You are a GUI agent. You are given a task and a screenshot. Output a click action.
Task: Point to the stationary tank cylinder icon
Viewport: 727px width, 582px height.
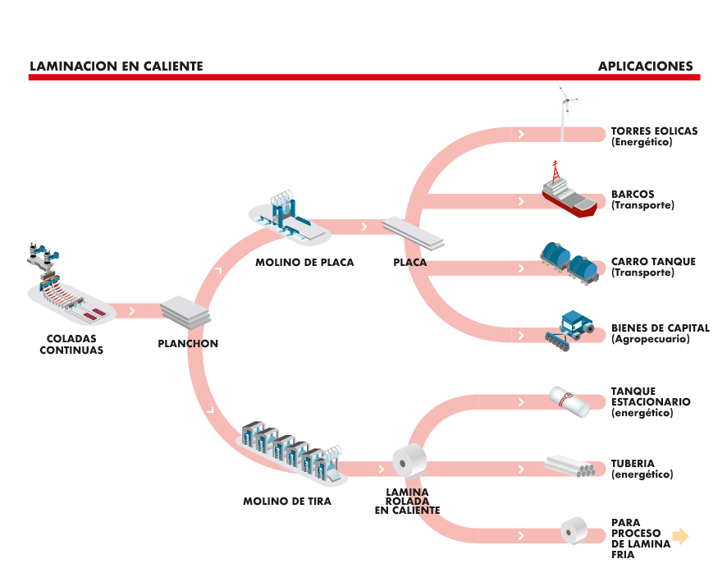click(x=569, y=400)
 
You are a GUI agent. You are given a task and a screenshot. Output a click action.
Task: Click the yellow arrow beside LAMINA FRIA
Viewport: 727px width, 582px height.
click(x=680, y=537)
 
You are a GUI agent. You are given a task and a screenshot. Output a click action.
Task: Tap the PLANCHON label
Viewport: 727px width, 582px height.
click(x=188, y=344)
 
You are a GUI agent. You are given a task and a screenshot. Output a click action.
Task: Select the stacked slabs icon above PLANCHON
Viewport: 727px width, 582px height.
click(x=185, y=310)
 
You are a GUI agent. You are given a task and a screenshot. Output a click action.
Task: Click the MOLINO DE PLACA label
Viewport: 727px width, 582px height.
click(x=305, y=263)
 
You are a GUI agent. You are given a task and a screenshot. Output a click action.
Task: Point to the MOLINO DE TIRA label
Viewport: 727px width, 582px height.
click(x=287, y=501)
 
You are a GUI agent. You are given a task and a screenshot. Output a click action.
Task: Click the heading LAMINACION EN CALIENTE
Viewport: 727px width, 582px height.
click(x=116, y=66)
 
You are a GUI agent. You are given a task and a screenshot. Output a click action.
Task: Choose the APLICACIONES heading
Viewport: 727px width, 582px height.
click(x=645, y=66)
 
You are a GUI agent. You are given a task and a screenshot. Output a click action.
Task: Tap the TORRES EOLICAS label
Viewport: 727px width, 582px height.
click(x=654, y=131)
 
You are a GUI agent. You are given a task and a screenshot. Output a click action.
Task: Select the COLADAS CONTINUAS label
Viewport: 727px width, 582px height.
click(x=72, y=344)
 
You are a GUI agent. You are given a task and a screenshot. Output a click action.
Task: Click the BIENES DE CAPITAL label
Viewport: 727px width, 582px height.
click(x=660, y=328)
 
